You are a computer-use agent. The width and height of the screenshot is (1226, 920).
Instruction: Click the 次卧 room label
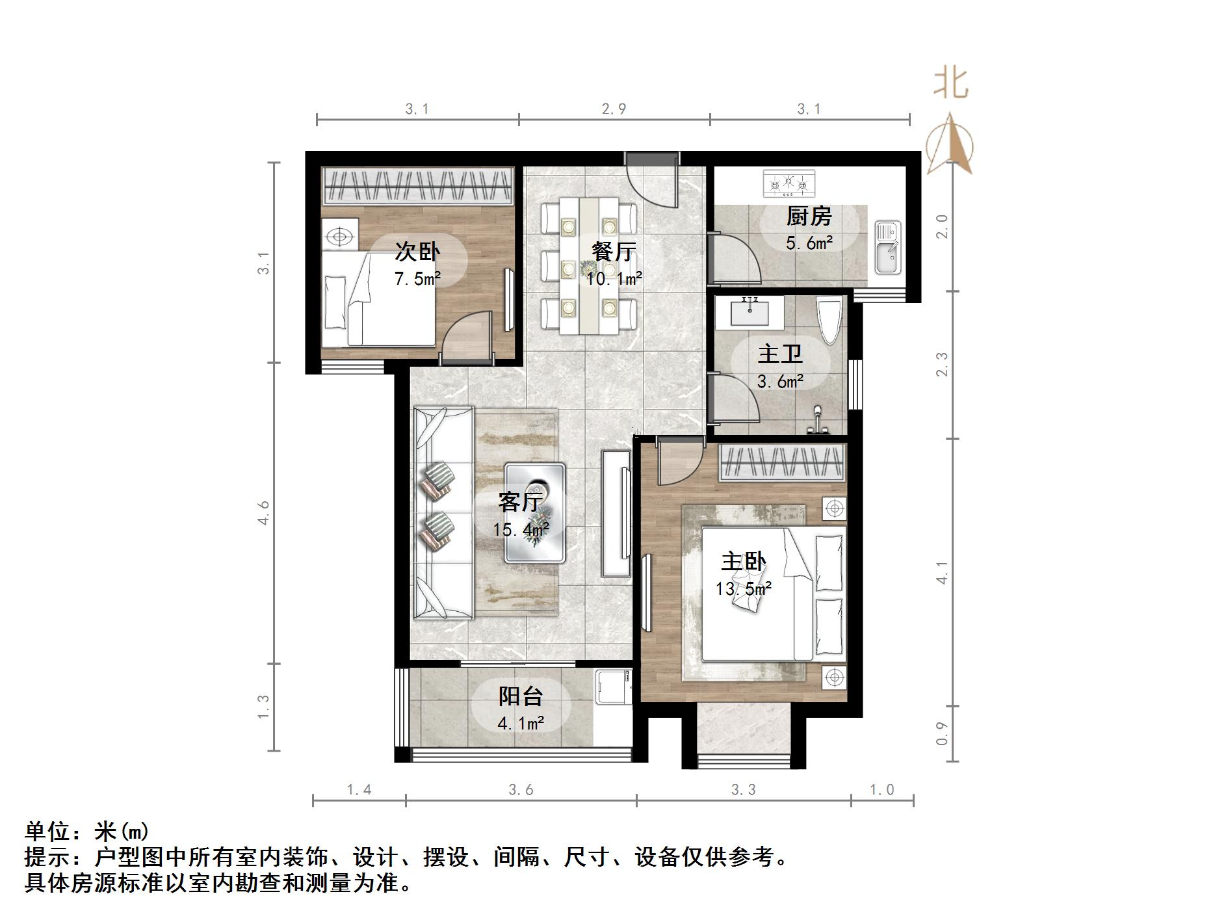tap(417, 252)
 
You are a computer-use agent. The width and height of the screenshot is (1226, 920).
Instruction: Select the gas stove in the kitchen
tap(789, 183)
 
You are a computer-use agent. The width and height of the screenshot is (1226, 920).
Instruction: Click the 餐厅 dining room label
tap(613, 252)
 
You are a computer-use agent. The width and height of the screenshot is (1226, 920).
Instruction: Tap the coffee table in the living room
tap(536, 512)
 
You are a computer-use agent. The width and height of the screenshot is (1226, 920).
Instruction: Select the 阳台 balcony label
tap(520, 696)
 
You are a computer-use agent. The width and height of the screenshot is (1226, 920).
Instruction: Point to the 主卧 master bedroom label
tap(743, 561)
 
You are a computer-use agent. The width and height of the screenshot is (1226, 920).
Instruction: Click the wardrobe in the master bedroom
tap(782, 462)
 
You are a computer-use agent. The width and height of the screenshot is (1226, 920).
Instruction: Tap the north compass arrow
tap(950, 146)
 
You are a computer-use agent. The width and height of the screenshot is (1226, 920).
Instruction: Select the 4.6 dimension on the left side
tap(263, 512)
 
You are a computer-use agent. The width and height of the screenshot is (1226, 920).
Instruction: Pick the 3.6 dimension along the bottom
tap(521, 790)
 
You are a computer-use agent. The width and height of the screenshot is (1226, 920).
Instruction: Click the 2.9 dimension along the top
tap(614, 109)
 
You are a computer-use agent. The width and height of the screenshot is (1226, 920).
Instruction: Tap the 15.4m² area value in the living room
tap(521, 530)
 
